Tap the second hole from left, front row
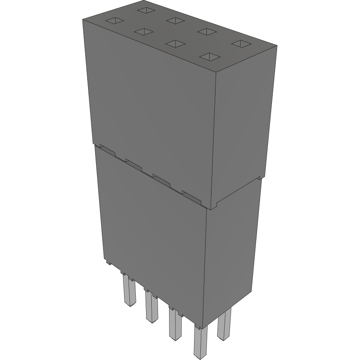coord(143,31)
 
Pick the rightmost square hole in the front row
coord(209,57)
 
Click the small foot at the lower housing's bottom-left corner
coord(108,262)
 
